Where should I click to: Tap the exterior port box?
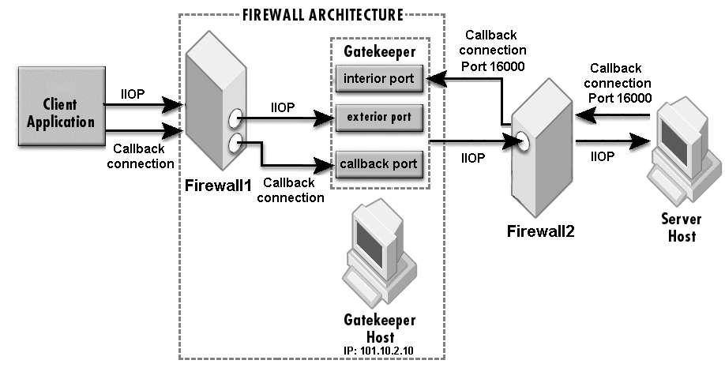coord(378,118)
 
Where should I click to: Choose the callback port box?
coord(378,164)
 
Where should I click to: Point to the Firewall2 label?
coord(541,231)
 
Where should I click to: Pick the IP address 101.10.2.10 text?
coord(380,350)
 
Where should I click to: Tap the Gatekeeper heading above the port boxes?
coord(379,51)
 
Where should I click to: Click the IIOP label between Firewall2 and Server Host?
coord(603,157)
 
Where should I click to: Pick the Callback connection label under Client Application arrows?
coord(143,156)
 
